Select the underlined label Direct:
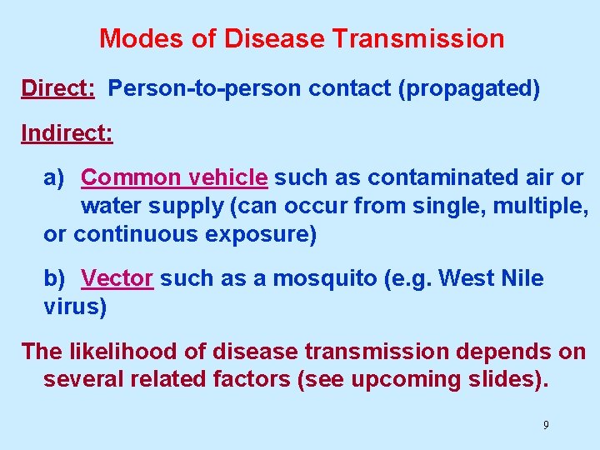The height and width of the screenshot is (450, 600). (57, 88)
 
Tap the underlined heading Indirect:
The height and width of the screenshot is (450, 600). (67, 133)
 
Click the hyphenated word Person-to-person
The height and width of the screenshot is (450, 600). (206, 88)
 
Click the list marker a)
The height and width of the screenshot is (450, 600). (53, 177)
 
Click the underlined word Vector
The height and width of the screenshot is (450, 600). (117, 278)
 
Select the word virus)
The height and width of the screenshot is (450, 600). (75, 307)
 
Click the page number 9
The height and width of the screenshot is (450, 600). (546, 425)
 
